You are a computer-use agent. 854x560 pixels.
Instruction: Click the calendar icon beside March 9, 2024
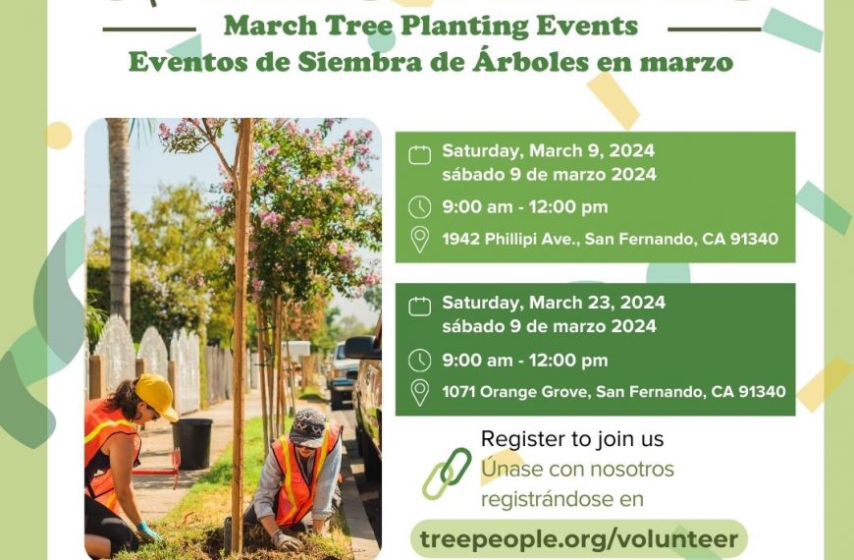point(419,155)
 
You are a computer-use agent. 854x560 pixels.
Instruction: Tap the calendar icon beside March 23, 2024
point(419,307)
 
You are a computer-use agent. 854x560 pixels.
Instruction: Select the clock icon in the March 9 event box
point(419,207)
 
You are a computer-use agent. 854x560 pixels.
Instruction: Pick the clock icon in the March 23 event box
point(419,361)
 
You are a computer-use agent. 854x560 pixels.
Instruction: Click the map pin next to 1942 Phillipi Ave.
point(419,240)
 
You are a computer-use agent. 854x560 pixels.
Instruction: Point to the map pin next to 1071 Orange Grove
point(419,393)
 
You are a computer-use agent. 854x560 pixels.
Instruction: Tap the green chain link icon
point(447,474)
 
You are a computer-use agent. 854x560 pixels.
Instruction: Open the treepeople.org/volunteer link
point(579,538)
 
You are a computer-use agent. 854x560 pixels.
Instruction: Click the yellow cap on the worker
point(157,396)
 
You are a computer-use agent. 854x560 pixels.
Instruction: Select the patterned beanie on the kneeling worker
point(308,428)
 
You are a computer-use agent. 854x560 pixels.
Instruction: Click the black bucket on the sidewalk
point(192,443)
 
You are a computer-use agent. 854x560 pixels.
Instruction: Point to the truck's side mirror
point(360,348)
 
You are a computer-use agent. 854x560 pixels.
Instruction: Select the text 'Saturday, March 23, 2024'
point(554,303)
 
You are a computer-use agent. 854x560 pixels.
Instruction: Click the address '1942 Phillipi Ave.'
point(510,239)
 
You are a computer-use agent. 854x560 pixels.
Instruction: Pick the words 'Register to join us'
point(572,439)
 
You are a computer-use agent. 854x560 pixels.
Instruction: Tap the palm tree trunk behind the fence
point(120,218)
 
